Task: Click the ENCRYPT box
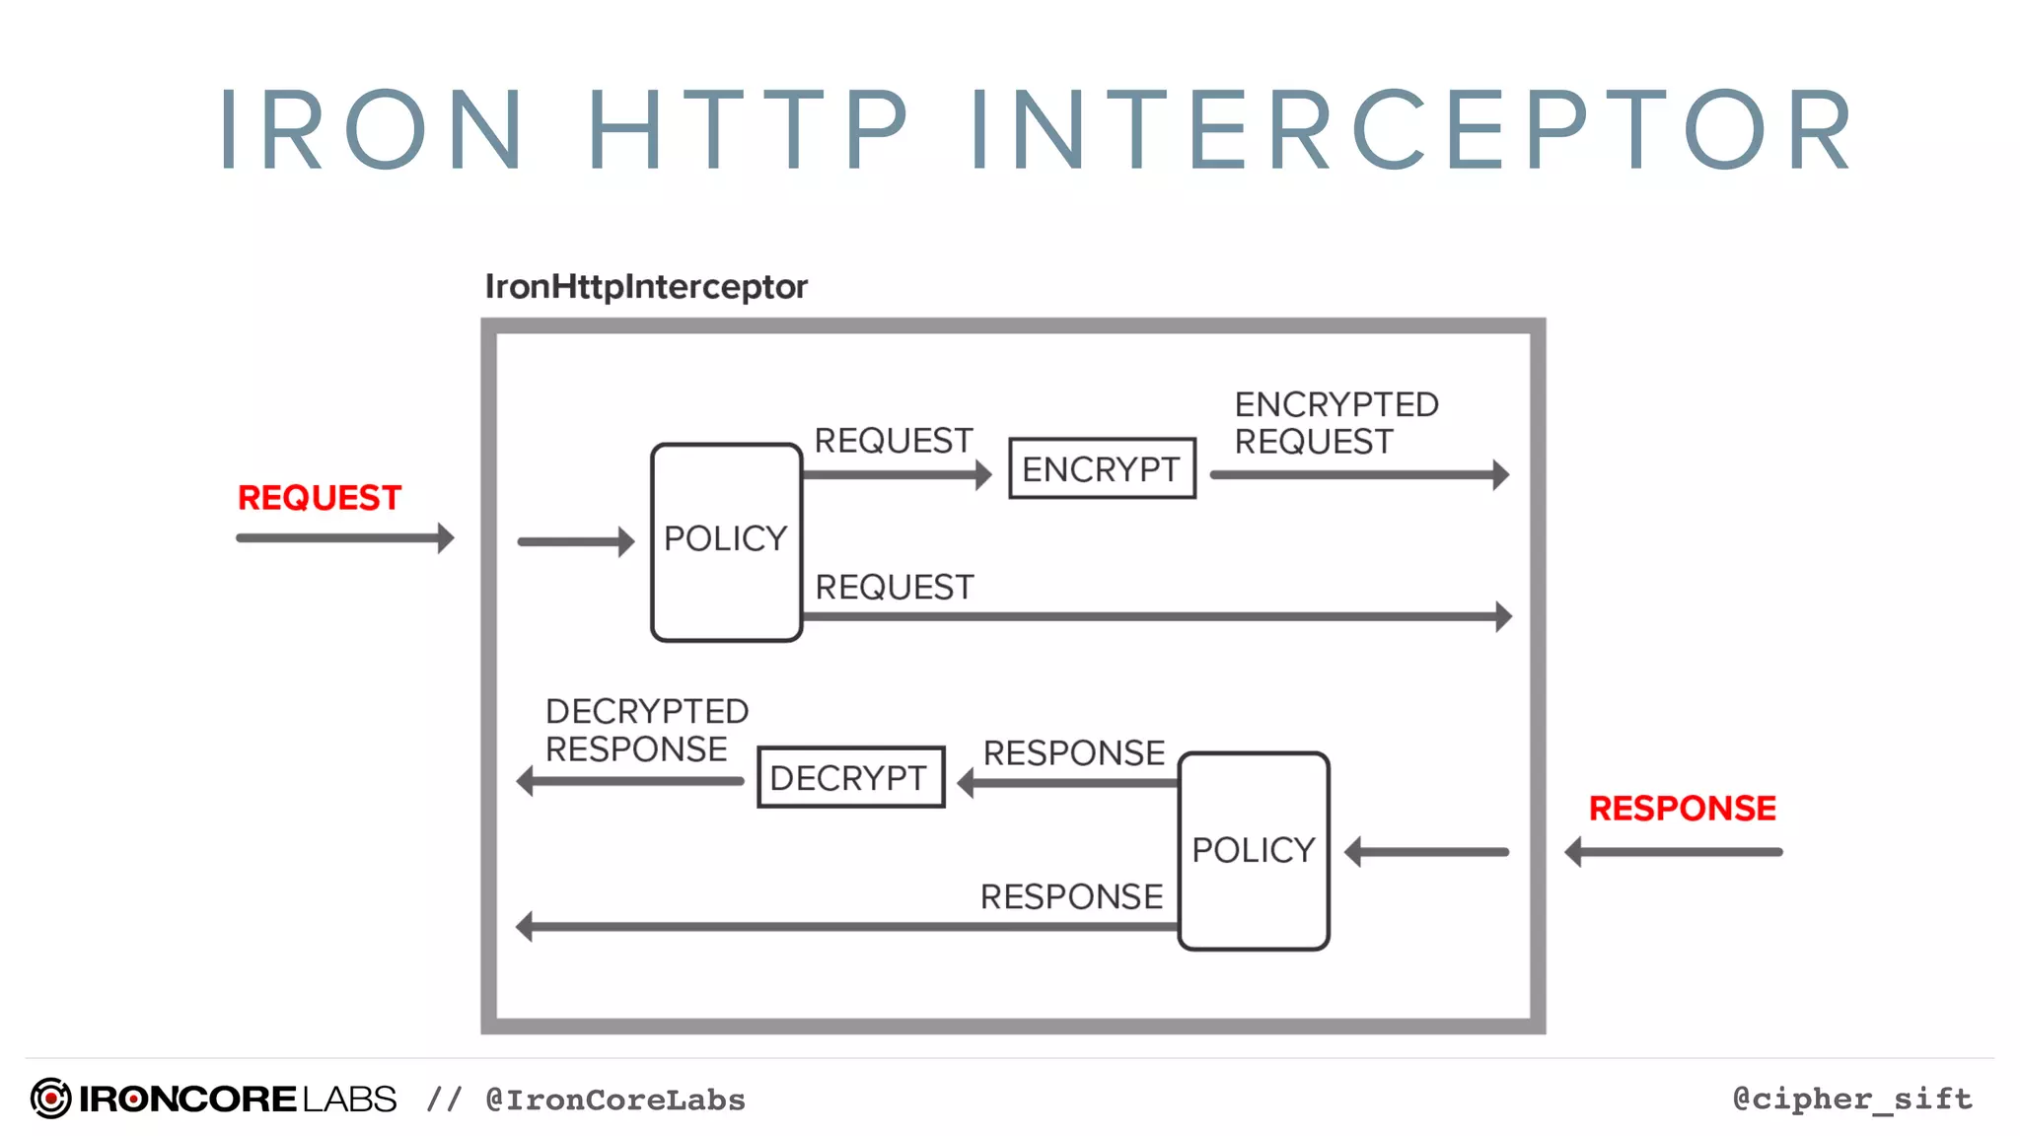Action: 1102,468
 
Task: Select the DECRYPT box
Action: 850,777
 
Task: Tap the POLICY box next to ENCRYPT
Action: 726,541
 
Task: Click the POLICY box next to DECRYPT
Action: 1254,851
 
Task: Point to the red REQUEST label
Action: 319,498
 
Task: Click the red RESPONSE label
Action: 1682,809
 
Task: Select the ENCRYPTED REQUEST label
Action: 1335,423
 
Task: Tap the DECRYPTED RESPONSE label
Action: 646,730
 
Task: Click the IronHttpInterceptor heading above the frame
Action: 646,287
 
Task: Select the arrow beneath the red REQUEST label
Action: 344,538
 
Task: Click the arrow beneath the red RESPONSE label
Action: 1674,852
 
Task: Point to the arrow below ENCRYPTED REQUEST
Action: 1359,475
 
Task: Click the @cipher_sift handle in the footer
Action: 1852,1099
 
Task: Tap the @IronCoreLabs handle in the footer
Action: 615,1100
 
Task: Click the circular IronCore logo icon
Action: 50,1099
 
